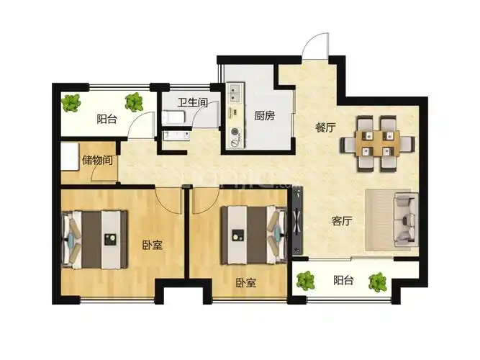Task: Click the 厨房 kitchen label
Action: [265, 116]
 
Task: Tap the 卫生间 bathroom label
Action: [193, 102]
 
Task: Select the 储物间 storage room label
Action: [97, 160]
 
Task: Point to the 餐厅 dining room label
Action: [325, 127]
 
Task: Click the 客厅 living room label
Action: [342, 220]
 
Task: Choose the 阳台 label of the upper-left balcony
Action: [107, 119]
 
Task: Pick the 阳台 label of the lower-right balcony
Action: [343, 280]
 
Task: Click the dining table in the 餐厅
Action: [377, 143]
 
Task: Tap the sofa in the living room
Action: [407, 220]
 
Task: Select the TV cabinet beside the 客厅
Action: [297, 220]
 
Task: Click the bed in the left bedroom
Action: [94, 240]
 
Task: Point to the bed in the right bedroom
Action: [254, 235]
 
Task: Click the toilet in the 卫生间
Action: [173, 117]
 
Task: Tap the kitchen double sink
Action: [235, 94]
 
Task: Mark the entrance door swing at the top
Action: [316, 46]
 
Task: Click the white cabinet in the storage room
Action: [70, 156]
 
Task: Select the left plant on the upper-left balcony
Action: [71, 102]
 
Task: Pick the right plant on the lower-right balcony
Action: [377, 282]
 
